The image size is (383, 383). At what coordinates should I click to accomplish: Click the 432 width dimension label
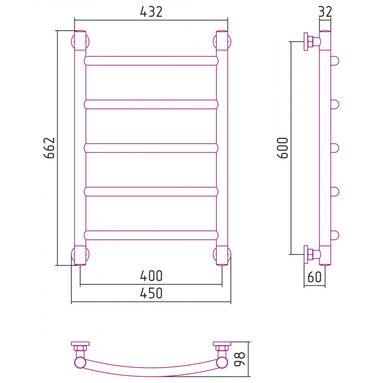pyautogui.click(x=151, y=11)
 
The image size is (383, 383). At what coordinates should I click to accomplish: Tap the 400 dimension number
pyautogui.click(x=151, y=276)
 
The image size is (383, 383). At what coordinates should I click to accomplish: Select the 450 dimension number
pyautogui.click(x=151, y=293)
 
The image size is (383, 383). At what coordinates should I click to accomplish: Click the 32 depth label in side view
pyautogui.click(x=326, y=11)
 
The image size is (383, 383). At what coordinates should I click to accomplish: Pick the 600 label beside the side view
pyautogui.click(x=283, y=148)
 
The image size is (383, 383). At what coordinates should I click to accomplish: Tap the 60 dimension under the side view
pyautogui.click(x=315, y=277)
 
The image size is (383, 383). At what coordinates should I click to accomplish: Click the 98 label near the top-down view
pyautogui.click(x=239, y=359)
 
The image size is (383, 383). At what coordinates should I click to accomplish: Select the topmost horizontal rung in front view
pyautogui.click(x=151, y=61)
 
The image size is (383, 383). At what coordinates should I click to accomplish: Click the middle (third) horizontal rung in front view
pyautogui.click(x=151, y=148)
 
